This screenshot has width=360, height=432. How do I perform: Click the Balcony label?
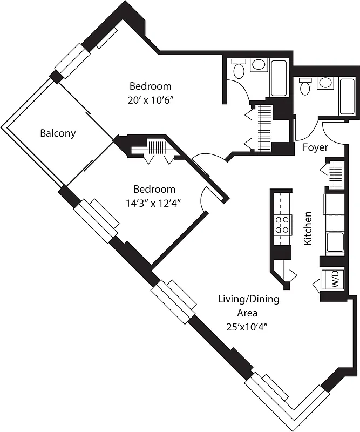[x=58, y=133]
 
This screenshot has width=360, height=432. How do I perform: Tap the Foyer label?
[x=315, y=147]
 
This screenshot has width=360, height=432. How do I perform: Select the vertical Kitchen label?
[x=308, y=228]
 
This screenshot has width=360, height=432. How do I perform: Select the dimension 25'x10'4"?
[x=249, y=326]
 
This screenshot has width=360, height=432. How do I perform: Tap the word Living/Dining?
[x=248, y=299]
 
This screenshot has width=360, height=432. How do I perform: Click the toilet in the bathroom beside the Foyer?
[x=305, y=86]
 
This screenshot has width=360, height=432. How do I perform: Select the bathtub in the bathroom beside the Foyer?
[x=347, y=96]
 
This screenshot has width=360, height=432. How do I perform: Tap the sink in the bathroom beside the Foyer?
[x=325, y=83]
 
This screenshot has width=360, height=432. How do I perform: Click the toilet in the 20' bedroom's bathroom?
[x=238, y=69]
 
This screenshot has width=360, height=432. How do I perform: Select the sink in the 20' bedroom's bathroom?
[x=259, y=65]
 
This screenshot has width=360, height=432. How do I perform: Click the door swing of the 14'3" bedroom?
[x=205, y=199]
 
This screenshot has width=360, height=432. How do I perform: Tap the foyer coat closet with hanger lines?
[x=336, y=174]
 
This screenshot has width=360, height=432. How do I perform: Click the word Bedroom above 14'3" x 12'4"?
[x=154, y=189]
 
